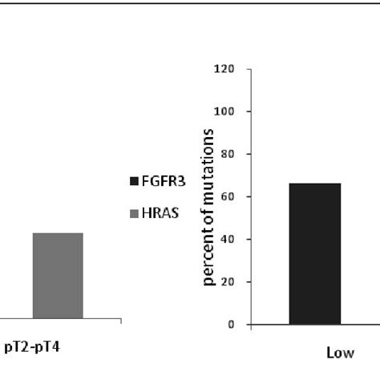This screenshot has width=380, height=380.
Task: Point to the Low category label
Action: [x=346, y=353]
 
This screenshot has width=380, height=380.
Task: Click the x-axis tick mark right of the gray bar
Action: [x=121, y=321]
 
